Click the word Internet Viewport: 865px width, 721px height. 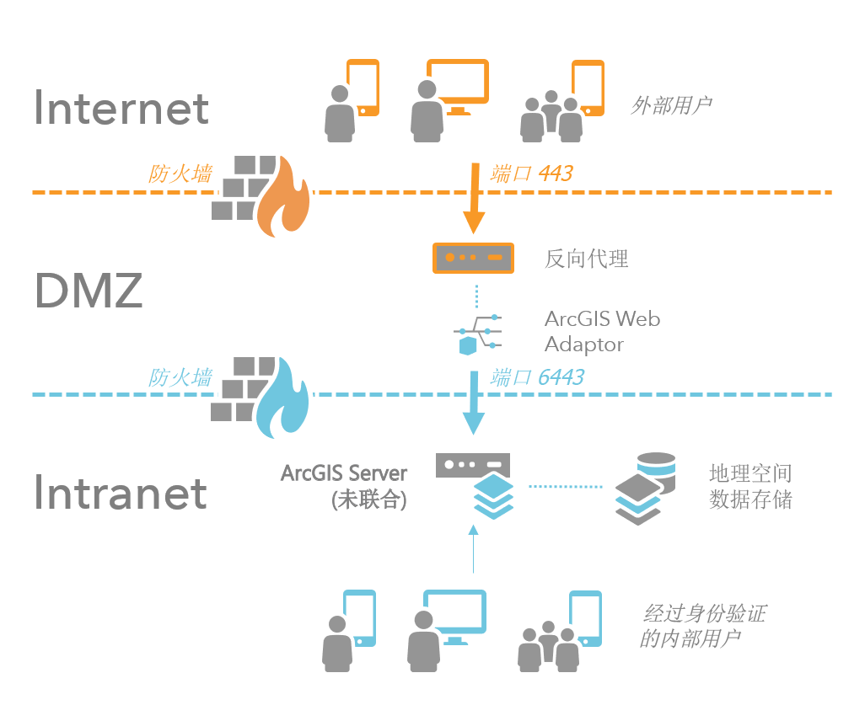[121, 108]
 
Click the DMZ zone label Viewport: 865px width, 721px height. [88, 291]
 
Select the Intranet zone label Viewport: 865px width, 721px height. [121, 493]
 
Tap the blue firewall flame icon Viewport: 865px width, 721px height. [282, 400]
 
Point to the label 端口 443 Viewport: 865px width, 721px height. [531, 174]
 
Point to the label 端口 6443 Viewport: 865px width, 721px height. [537, 377]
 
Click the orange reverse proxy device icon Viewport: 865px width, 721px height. [473, 257]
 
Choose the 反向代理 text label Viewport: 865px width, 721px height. [587, 258]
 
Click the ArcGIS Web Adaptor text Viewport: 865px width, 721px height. [602, 331]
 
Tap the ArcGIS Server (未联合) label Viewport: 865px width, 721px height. [344, 486]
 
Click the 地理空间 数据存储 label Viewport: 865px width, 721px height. [750, 487]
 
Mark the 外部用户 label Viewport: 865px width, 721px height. [671, 105]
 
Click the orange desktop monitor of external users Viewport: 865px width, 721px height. [457, 83]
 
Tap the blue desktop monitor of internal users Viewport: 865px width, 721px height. [455, 613]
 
